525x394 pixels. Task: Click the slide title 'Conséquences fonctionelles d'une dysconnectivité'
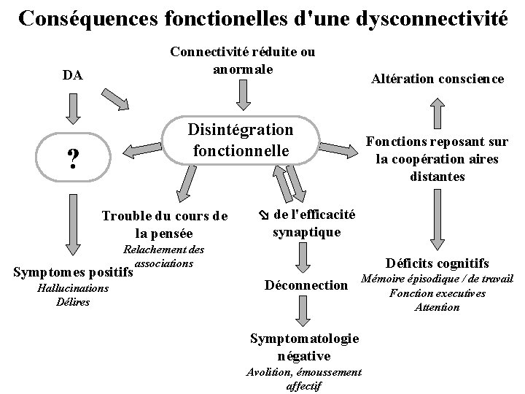262,18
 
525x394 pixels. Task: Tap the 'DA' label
72,75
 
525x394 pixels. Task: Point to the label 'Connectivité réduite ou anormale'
242,61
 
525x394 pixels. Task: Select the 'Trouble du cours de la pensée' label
165,225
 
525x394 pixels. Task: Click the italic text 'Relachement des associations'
164,256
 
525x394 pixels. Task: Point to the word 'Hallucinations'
72,288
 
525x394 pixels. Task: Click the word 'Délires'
72,301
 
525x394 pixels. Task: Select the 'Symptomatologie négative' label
304,347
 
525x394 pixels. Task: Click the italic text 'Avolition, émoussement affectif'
304,378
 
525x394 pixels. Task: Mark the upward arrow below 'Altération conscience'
436,114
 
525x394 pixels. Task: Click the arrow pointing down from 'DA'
71,107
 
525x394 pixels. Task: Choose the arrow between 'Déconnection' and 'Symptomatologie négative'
304,314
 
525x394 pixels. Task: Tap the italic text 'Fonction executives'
437,293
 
